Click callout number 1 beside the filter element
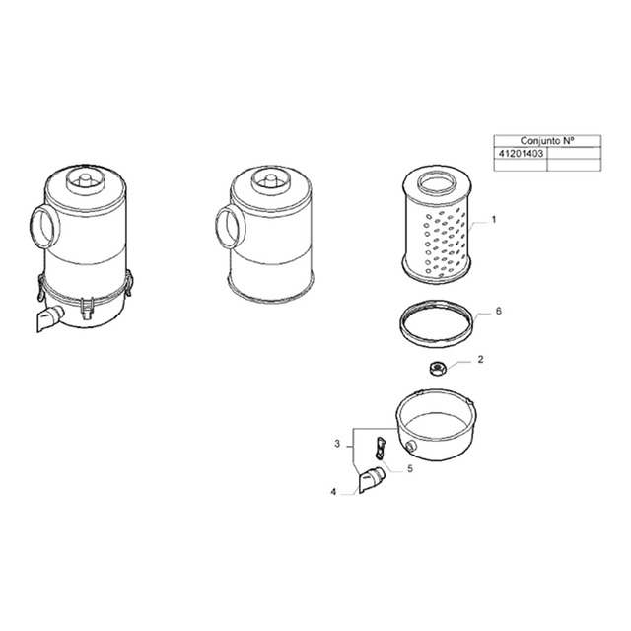494,219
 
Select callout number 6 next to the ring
499,311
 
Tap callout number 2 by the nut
479,360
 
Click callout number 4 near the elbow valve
334,490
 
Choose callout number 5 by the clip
410,469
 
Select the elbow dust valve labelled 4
371,481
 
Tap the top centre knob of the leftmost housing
83,180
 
